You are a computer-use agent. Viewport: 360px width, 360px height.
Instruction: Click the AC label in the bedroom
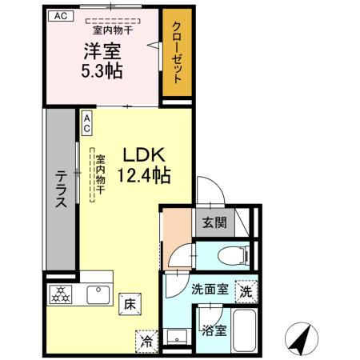pyautogui.click(x=62, y=16)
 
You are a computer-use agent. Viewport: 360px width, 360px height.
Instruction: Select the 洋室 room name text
pyautogui.click(x=104, y=52)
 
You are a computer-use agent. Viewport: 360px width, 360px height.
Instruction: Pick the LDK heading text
pyautogui.click(x=145, y=154)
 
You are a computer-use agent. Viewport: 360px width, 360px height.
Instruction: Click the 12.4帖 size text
pyautogui.click(x=145, y=174)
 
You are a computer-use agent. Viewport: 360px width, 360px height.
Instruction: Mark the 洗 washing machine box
pyautogui.click(x=246, y=293)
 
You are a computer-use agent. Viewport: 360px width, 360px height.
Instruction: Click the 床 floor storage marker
pyautogui.click(x=128, y=304)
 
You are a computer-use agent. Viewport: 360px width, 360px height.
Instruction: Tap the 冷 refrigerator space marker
pyautogui.click(x=146, y=340)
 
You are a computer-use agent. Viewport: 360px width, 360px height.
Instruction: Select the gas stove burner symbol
pyautogui.click(x=61, y=294)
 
